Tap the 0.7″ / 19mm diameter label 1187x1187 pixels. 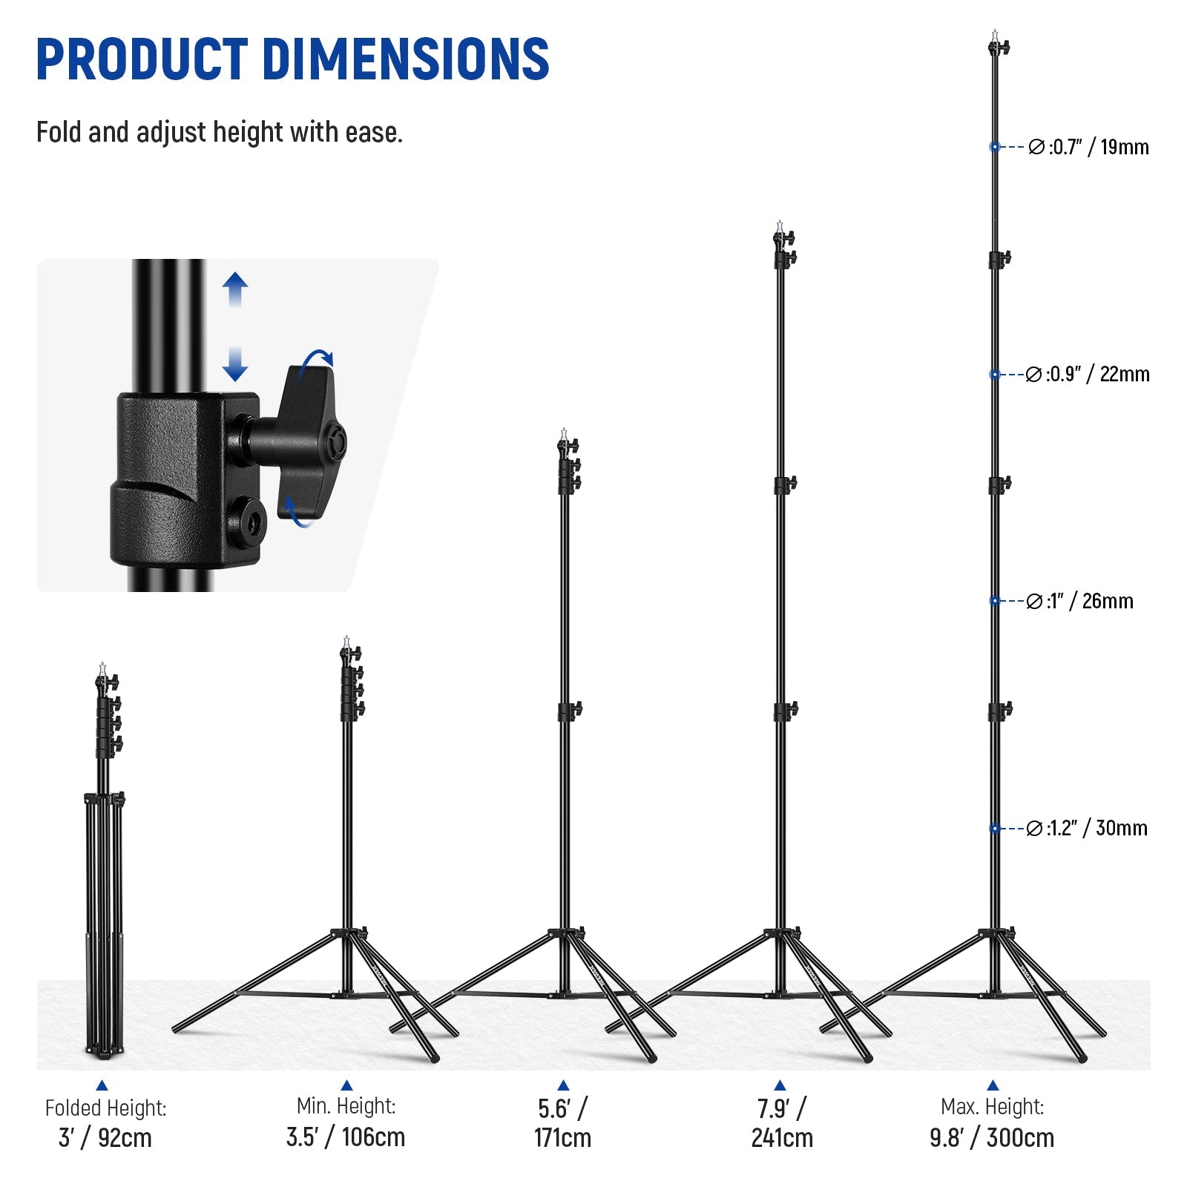(1088, 147)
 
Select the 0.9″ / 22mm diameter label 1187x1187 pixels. (1088, 374)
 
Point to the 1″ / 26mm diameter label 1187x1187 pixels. (1079, 601)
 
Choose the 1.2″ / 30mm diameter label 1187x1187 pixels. (1086, 828)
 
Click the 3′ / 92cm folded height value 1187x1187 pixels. (105, 1137)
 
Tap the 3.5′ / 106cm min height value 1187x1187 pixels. (346, 1137)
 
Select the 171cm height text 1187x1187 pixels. (562, 1137)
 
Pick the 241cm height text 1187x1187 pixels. (782, 1137)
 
